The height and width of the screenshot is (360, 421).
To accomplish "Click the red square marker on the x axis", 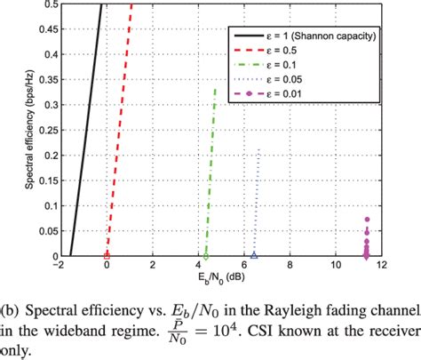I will pyautogui.click(x=107, y=256).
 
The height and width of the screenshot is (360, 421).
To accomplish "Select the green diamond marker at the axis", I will pyautogui.click(x=206, y=256).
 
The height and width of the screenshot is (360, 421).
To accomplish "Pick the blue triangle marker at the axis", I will pyautogui.click(x=254, y=256).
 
